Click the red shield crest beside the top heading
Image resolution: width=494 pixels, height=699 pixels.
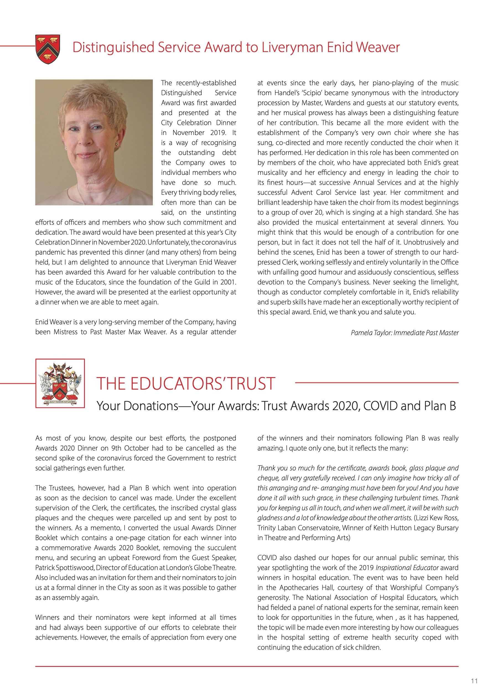coord(48,49)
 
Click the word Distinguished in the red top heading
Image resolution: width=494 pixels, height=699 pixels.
coord(113,48)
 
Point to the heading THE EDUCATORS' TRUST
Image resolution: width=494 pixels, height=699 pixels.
coord(186,383)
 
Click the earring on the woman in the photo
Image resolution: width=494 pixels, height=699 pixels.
coord(116,144)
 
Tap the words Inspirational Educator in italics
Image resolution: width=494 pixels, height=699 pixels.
coord(407,568)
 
